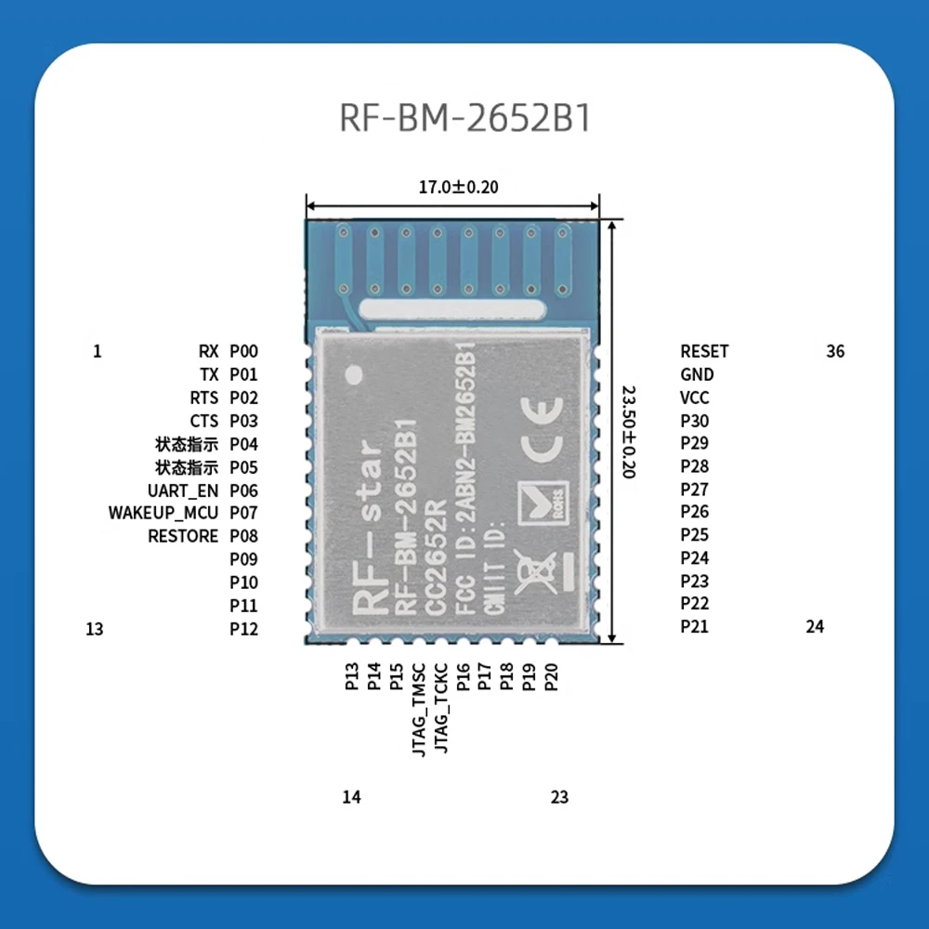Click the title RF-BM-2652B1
click(x=464, y=120)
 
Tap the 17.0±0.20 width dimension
click(x=458, y=187)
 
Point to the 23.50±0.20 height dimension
click(x=627, y=432)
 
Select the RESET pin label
click(x=704, y=351)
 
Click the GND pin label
click(x=697, y=374)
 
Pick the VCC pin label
click(x=695, y=398)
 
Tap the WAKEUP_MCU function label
click(x=164, y=513)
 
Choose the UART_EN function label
click(x=183, y=491)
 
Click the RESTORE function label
click(x=183, y=536)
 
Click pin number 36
click(x=835, y=351)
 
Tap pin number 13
click(x=94, y=629)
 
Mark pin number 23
click(x=559, y=797)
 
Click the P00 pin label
click(x=243, y=351)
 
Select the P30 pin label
click(x=694, y=421)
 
